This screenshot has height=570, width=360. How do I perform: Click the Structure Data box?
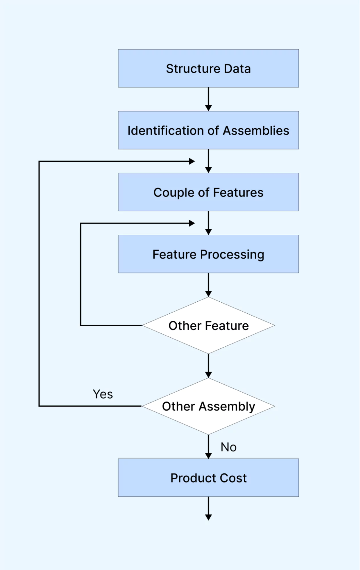click(208, 68)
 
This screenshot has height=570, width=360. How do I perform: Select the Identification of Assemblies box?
click(208, 130)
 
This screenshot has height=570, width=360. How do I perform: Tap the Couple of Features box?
click(208, 192)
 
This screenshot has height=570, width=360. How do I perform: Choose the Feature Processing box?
click(208, 254)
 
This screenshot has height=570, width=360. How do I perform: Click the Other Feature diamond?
click(208, 325)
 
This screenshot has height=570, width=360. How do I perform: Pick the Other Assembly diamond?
click(208, 406)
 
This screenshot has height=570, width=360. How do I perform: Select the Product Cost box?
click(208, 478)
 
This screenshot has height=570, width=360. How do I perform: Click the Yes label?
click(103, 394)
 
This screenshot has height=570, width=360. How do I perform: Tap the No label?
click(229, 447)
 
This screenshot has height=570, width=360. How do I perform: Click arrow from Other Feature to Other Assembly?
click(208, 366)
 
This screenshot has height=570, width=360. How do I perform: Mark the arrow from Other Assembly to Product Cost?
click(208, 447)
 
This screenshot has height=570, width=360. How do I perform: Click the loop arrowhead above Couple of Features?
click(192, 161)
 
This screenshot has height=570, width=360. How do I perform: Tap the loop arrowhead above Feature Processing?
click(192, 223)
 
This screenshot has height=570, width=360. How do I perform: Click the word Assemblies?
click(256, 131)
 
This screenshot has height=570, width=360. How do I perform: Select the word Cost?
click(233, 478)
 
